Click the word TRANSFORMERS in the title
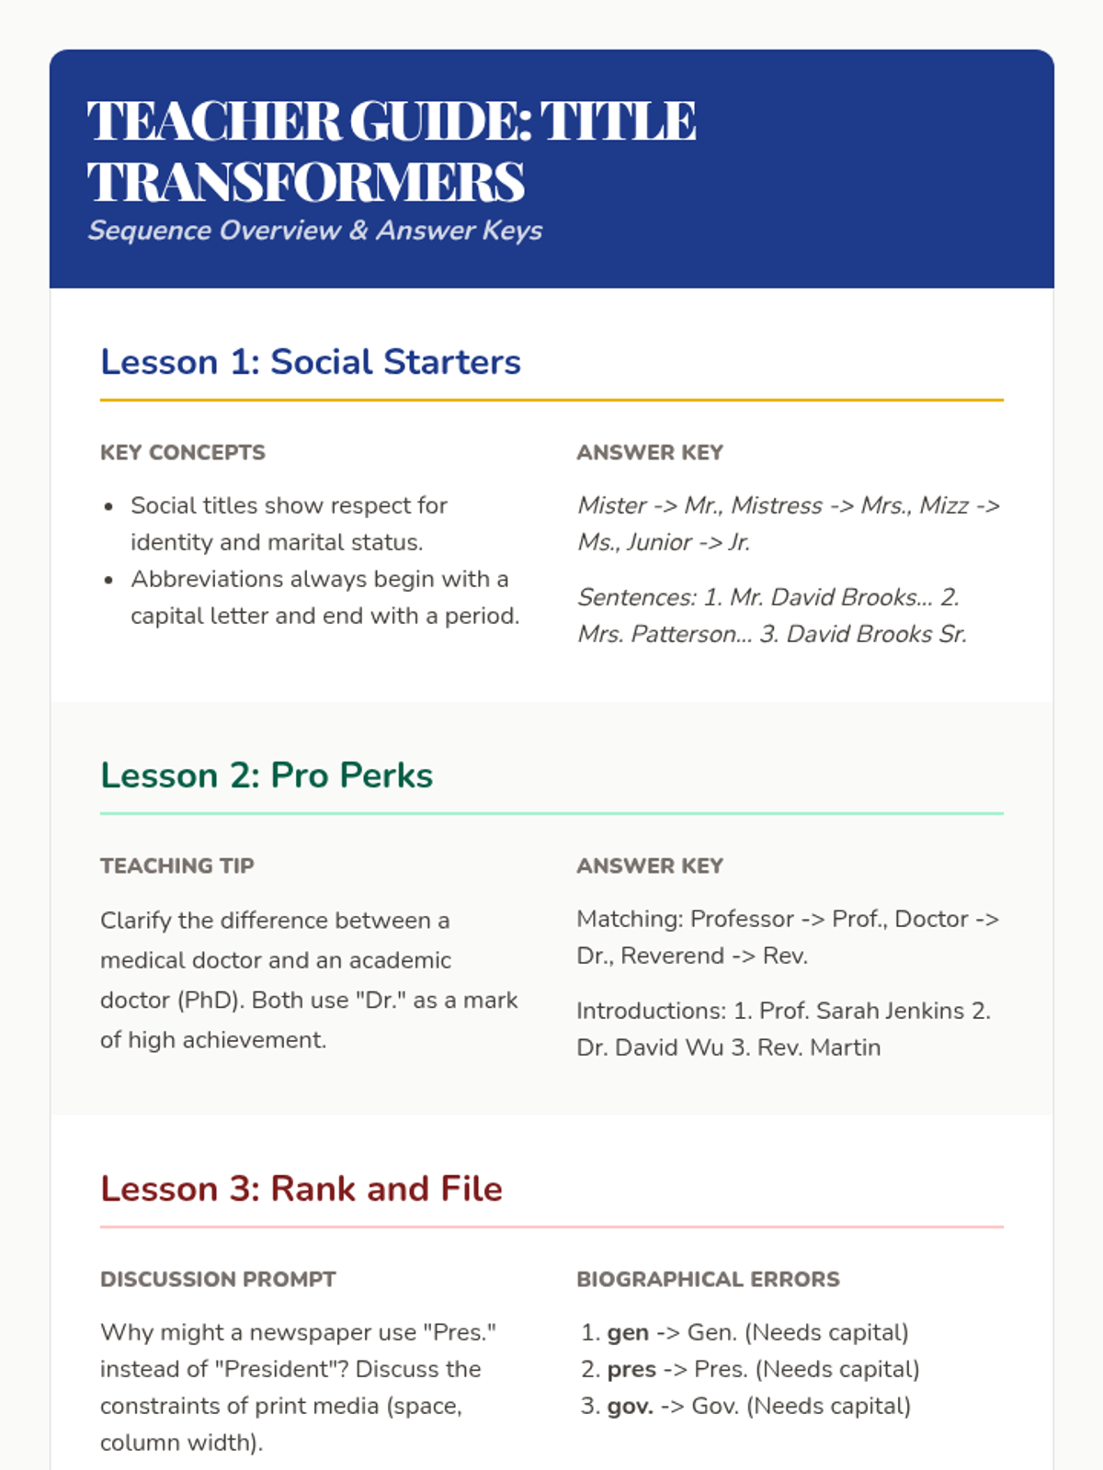306,181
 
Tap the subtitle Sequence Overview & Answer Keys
314,230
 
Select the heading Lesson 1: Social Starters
311,362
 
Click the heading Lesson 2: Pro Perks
267,775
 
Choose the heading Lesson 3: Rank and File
301,1189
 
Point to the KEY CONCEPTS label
183,452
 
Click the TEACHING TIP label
177,865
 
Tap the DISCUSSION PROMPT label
218,1279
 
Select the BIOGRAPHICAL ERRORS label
708,1279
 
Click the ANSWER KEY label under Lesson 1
650,452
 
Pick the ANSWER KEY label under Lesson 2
650,865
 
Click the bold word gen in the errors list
628,1332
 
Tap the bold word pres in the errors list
631,1369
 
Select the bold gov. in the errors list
631,1406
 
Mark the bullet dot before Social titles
109,506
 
